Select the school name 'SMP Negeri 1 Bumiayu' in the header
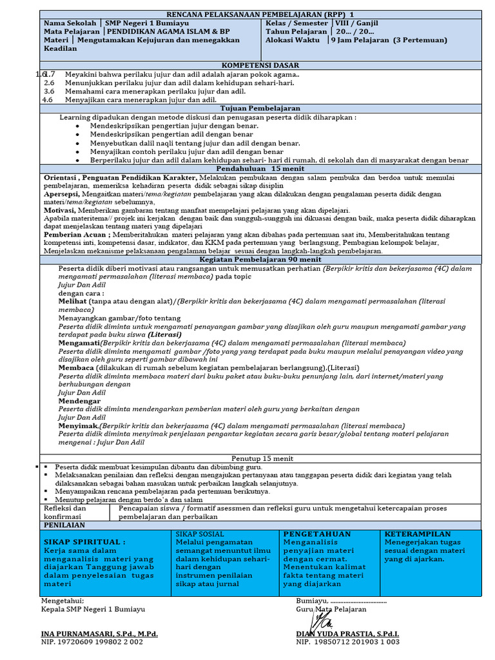(148, 23)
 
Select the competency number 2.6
(49, 83)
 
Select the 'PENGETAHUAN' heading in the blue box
(316, 534)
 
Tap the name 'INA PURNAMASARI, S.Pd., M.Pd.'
(99, 634)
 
